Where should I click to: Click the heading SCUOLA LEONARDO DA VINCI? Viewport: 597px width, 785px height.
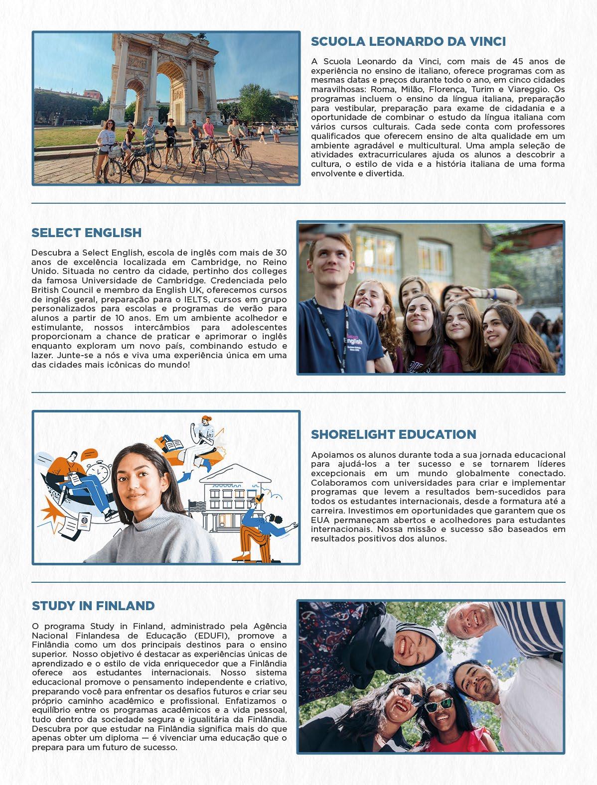(x=408, y=41)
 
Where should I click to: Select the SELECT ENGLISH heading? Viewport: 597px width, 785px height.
(x=86, y=233)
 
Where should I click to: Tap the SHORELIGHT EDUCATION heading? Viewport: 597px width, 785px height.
(x=393, y=434)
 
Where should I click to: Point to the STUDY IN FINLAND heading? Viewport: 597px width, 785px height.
(x=93, y=606)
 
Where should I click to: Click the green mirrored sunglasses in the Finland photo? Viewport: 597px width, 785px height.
(x=439, y=704)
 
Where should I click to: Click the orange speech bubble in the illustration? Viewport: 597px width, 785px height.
(x=89, y=454)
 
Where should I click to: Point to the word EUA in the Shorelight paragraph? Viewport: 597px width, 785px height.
(x=319, y=520)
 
